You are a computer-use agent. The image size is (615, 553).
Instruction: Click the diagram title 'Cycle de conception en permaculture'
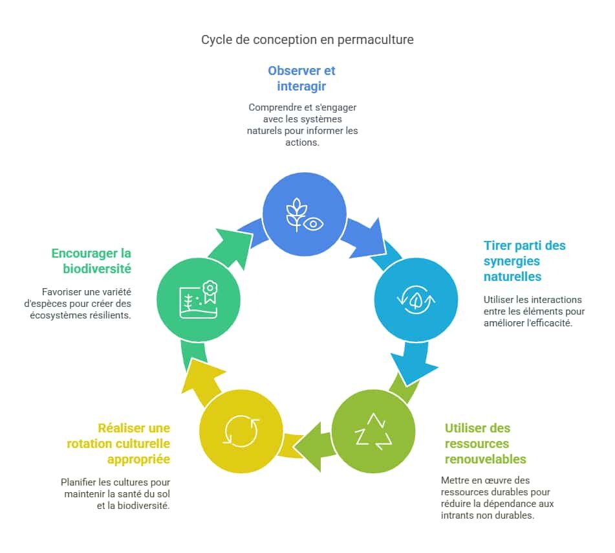[307, 39]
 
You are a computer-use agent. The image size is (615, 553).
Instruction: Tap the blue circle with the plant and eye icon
[304, 212]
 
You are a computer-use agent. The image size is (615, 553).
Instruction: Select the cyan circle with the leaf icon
[416, 300]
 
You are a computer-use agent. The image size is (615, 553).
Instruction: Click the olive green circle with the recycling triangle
[373, 431]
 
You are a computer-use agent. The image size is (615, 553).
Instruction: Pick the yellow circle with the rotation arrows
[241, 431]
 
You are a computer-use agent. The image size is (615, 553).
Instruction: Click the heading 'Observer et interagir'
[302, 78]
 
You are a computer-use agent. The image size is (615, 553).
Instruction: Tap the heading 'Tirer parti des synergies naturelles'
[524, 261]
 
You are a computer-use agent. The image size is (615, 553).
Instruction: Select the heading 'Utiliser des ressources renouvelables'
[485, 444]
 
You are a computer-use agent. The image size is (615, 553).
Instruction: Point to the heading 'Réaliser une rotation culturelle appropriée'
[118, 444]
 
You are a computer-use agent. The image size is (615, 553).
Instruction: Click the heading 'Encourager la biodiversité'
[91, 261]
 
